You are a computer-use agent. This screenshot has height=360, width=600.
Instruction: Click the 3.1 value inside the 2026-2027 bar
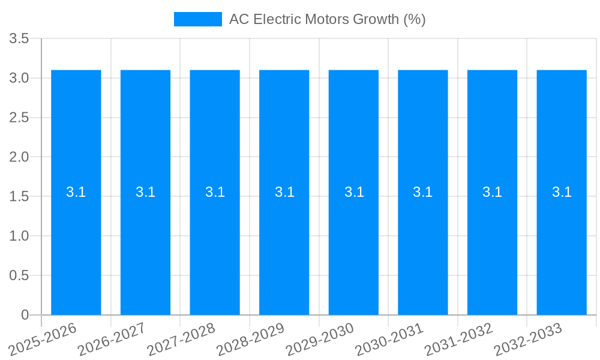[145, 192]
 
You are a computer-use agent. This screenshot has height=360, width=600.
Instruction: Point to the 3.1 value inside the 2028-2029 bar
[284, 192]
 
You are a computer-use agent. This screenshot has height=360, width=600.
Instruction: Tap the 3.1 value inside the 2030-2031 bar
[423, 192]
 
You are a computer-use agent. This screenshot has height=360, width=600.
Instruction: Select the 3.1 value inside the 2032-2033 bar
[562, 192]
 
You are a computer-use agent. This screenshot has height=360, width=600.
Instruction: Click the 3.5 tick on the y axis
[19, 39]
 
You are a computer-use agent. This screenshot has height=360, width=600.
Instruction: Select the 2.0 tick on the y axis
[19, 157]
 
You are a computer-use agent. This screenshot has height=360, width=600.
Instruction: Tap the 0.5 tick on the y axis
[19, 275]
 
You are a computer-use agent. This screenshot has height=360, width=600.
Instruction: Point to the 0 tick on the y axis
[25, 315]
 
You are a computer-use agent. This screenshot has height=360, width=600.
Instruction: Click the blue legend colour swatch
[197, 19]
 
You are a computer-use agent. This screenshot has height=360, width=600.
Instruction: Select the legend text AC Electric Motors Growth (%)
[327, 19]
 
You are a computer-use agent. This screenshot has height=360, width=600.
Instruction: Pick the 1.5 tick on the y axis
[19, 197]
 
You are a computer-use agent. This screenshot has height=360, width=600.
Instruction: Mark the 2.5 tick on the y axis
[19, 118]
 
